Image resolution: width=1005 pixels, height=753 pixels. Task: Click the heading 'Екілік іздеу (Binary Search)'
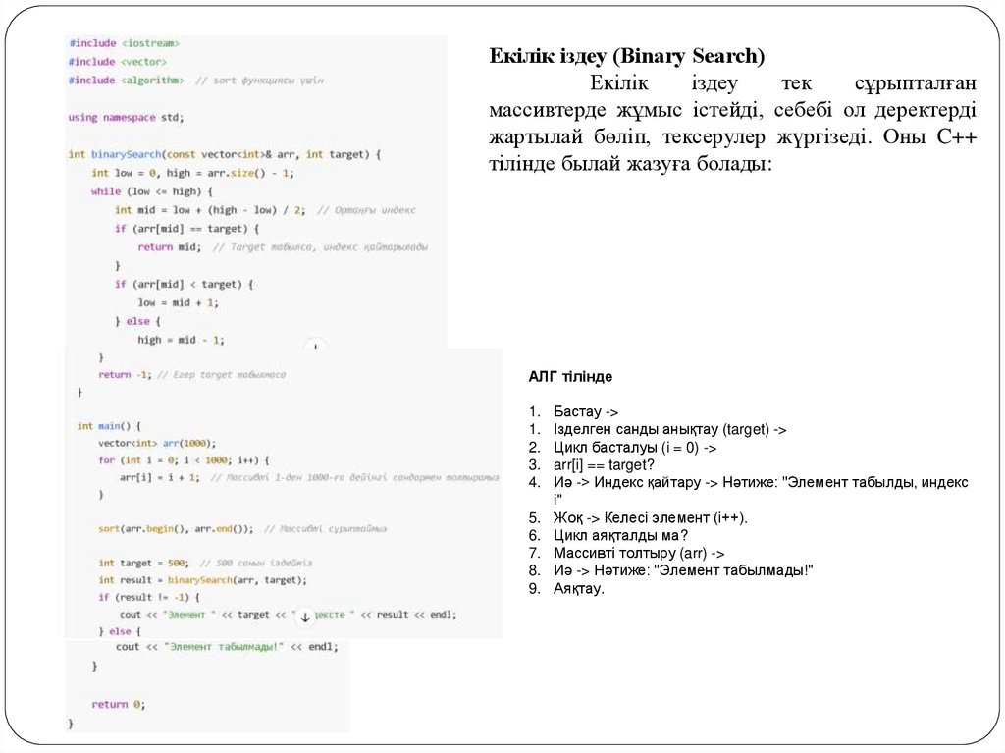[627, 56]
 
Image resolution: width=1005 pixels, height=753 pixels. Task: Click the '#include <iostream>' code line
[124, 43]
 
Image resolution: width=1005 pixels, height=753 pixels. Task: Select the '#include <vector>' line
[116, 61]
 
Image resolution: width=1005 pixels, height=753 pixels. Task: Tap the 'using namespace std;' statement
[126, 117]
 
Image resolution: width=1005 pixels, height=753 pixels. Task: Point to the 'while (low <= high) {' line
[144, 191]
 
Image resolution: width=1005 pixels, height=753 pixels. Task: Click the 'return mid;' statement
[169, 247]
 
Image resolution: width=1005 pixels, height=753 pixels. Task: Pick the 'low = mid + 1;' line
[178, 302]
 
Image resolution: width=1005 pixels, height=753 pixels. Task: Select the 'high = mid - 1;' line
[181, 340]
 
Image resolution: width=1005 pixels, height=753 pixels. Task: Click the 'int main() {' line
[109, 426]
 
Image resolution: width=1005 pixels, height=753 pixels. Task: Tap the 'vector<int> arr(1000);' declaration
[156, 443]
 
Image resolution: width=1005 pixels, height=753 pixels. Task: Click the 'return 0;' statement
[118, 704]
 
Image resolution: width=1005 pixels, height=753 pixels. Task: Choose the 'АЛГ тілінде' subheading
[570, 377]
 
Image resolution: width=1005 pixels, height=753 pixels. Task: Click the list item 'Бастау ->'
[586, 412]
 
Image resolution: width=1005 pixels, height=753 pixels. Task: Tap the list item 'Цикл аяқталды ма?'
[620, 535]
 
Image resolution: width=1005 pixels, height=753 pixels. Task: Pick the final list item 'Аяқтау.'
[579, 588]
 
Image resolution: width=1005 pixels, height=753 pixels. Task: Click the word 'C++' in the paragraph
[956, 137]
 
